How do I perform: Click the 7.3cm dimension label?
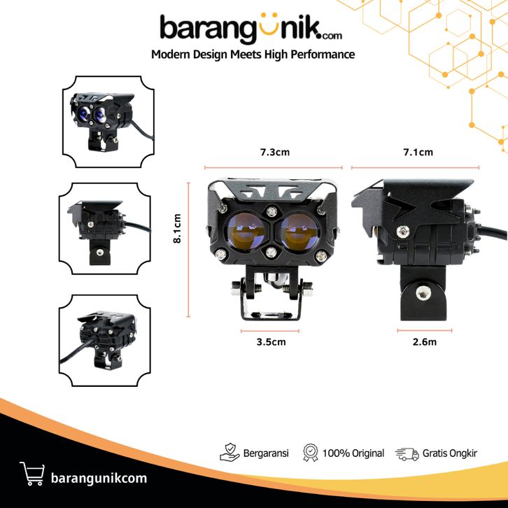(x=275, y=152)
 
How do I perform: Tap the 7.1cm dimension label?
(x=418, y=152)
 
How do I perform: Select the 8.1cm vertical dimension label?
(x=177, y=228)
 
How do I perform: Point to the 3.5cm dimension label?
(x=271, y=341)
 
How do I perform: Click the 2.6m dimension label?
(x=425, y=341)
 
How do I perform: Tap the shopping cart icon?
(x=32, y=474)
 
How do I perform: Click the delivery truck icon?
(x=407, y=454)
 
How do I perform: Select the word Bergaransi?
(x=266, y=453)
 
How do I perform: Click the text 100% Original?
(x=353, y=453)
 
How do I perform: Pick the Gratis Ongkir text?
(x=450, y=453)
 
